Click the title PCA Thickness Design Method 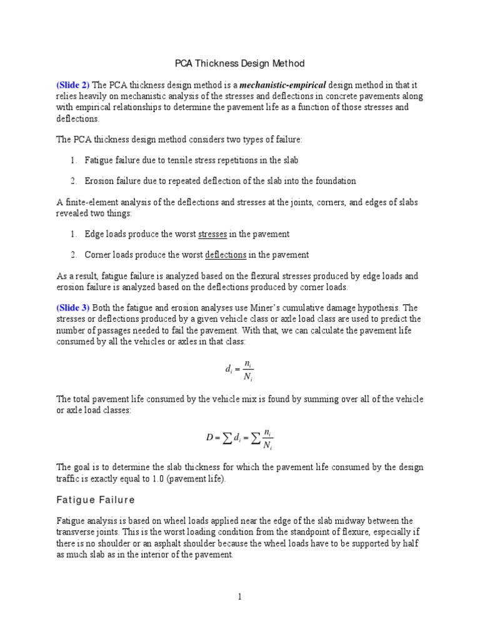coord(239,64)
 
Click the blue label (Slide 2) coord(73,85)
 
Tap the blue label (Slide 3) coord(73,307)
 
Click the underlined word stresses coord(212,234)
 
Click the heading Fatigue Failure coord(96,500)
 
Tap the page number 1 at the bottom coord(239,597)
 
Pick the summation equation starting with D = coord(239,440)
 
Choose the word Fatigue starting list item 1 coord(99,160)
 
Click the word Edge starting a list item coord(94,234)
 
